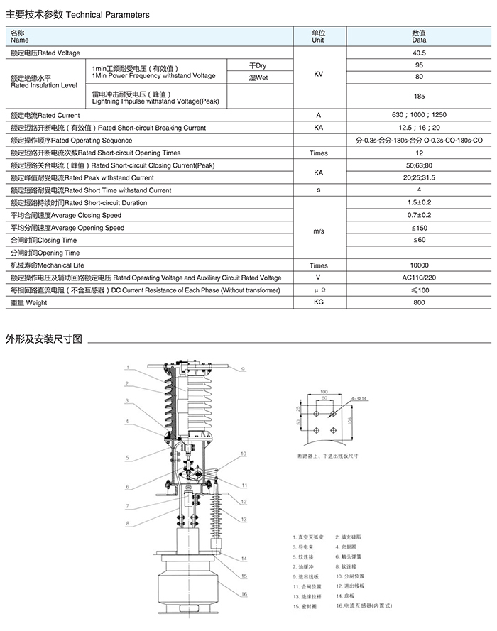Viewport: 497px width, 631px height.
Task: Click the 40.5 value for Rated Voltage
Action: coord(419,53)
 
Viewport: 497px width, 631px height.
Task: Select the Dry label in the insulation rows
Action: coord(257,66)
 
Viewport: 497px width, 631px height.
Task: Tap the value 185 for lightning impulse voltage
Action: coord(419,96)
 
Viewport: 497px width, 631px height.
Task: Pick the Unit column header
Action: coord(318,36)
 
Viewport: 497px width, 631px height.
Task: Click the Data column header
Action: coord(419,36)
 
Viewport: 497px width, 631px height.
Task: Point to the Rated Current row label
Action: coord(45,115)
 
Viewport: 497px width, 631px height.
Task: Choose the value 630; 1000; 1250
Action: coord(419,115)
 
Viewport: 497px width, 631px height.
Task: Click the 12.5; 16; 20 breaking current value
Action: coord(419,128)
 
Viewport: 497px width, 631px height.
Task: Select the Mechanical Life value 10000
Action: coord(419,265)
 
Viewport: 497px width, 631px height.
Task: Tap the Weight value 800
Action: coord(419,303)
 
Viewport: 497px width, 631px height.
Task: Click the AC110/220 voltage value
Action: coord(419,278)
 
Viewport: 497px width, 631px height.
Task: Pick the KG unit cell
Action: coord(318,303)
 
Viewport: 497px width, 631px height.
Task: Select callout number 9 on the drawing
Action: coord(242,369)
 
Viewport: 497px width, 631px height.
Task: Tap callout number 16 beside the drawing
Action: coord(244,594)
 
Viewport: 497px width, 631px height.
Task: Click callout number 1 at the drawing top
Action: coord(126,367)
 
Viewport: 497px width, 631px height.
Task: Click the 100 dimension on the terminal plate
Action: coord(323,392)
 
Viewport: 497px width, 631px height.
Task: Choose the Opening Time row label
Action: coord(44,253)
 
